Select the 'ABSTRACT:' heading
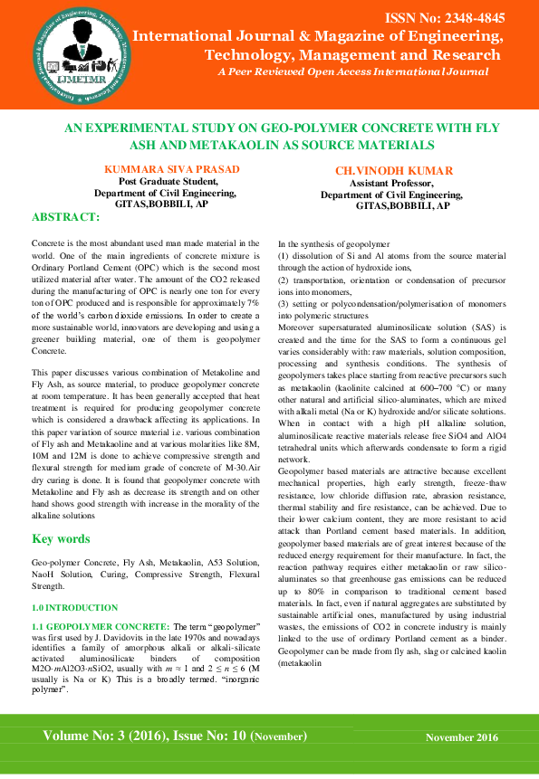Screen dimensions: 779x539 [x=65, y=218]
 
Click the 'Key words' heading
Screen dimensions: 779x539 [x=61, y=538]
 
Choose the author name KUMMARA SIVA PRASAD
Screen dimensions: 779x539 [x=160, y=169]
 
